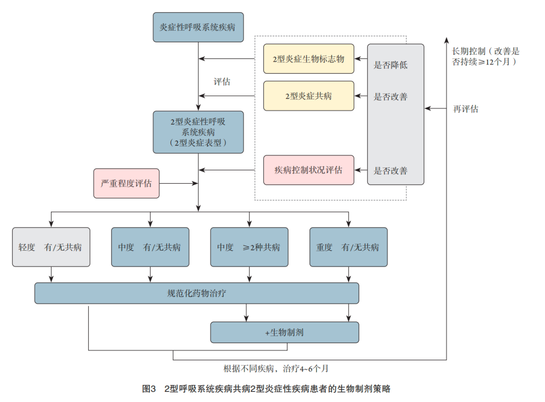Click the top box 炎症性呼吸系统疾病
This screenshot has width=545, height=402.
(198, 27)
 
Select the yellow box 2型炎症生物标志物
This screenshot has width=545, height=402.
(308, 59)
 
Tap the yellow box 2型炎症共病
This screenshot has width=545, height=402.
(308, 96)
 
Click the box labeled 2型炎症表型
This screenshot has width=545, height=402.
(198, 132)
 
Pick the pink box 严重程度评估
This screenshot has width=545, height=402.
(126, 183)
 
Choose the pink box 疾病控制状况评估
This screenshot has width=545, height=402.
(308, 170)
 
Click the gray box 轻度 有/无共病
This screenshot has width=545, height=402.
(51, 247)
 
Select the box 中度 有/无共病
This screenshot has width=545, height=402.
(150, 247)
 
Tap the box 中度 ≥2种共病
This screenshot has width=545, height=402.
(249, 247)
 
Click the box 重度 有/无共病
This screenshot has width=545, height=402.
(348, 247)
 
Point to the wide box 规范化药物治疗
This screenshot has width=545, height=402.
(197, 293)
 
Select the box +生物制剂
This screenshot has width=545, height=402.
(285, 332)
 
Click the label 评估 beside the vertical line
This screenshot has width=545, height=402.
(222, 82)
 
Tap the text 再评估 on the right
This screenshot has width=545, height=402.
(466, 109)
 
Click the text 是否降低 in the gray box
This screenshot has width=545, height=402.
(390, 65)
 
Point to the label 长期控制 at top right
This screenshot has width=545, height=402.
(469, 51)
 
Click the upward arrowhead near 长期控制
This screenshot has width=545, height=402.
(447, 40)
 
